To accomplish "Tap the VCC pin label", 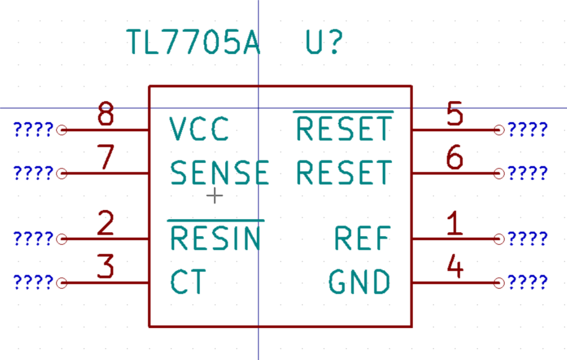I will coord(199,129).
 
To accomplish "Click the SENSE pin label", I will coord(220,173).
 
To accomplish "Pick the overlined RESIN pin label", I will coord(216,238).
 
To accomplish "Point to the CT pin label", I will coord(189,282).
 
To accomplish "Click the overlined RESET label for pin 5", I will coord(344,129).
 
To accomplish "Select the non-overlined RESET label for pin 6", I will coord(344,173).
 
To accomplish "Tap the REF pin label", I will coord(362,238).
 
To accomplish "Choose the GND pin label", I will coord(360,282).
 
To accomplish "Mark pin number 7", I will coord(105,158).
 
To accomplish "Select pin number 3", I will coord(105,267).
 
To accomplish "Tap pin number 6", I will coord(455,158).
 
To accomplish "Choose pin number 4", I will coord(455,267).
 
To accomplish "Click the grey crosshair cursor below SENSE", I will coord(214,196).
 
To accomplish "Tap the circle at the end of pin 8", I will coord(61,130).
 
